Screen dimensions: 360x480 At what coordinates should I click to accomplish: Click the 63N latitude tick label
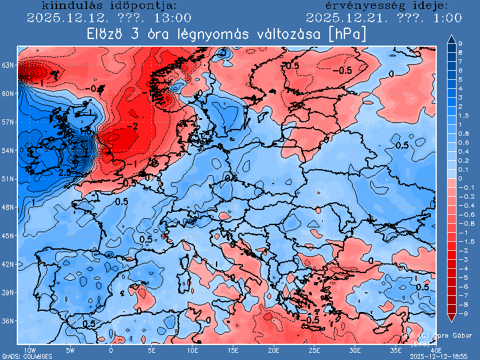point(8,65)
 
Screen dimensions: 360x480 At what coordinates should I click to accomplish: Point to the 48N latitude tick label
point(8,207)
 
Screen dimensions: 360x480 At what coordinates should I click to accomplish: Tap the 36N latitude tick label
point(8,321)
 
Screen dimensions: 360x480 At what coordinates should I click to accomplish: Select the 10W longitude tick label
point(28,350)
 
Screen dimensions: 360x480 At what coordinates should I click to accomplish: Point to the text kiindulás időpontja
point(109,6)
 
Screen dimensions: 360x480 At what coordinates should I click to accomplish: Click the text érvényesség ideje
point(382,6)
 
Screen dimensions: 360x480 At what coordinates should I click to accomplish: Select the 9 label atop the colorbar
point(460,44)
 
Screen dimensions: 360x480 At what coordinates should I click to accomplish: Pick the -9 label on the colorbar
point(461,313)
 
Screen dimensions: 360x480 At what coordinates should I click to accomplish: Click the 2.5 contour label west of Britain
point(65,173)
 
